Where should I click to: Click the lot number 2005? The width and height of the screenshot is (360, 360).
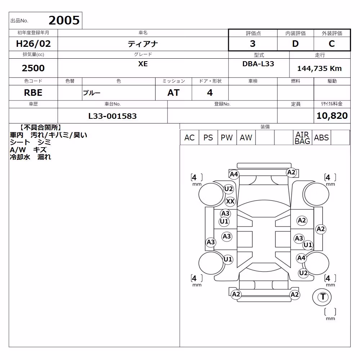(64, 21)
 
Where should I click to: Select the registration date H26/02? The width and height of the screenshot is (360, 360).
(33, 44)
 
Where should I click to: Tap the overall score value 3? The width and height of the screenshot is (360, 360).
(253, 44)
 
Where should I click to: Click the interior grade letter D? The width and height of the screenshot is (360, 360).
(295, 44)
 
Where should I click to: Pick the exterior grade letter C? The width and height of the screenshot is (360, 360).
(332, 44)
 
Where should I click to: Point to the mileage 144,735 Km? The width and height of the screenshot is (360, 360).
(319, 68)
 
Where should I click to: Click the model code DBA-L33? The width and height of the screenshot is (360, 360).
(258, 64)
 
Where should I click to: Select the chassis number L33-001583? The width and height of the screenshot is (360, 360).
(112, 116)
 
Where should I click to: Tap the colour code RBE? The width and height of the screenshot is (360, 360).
(33, 93)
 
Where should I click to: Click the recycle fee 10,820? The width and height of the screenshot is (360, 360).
(332, 116)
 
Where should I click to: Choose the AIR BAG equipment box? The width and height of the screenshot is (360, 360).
(302, 138)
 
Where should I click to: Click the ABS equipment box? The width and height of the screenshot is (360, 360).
(321, 138)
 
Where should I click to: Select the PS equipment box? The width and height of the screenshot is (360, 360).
(208, 138)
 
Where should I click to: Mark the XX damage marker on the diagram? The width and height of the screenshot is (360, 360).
(230, 201)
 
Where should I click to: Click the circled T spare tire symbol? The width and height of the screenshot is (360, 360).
(323, 297)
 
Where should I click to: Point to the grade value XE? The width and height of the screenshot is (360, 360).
(143, 64)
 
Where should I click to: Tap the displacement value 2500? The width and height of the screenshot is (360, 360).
(33, 68)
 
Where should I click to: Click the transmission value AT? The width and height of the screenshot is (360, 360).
(174, 93)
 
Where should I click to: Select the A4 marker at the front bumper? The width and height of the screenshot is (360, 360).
(234, 175)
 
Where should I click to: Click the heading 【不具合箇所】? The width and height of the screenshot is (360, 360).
(41, 127)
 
